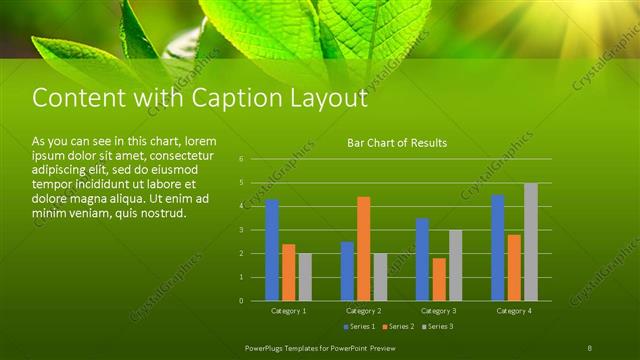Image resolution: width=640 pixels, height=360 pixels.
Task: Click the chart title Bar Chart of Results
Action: tap(397, 143)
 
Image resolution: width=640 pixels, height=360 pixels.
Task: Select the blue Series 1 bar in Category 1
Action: tap(272, 250)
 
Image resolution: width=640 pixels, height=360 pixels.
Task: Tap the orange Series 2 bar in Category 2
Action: tap(363, 248)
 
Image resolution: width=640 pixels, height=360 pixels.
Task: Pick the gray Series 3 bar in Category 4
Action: tap(530, 241)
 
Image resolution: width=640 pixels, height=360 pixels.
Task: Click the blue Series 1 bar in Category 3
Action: tap(422, 259)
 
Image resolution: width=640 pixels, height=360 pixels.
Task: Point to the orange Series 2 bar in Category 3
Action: tap(438, 279)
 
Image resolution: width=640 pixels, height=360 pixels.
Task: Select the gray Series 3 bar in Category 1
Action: tap(305, 277)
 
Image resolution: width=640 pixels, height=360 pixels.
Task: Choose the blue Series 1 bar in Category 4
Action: tap(497, 247)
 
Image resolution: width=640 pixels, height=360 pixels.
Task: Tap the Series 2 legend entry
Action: tap(398, 327)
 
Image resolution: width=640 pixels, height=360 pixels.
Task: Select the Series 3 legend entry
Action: tap(436, 327)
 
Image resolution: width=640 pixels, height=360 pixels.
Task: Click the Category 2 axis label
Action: tap(364, 311)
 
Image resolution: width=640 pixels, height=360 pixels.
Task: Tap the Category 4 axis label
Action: tap(514, 311)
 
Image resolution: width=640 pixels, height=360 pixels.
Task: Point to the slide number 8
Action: tap(589, 347)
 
